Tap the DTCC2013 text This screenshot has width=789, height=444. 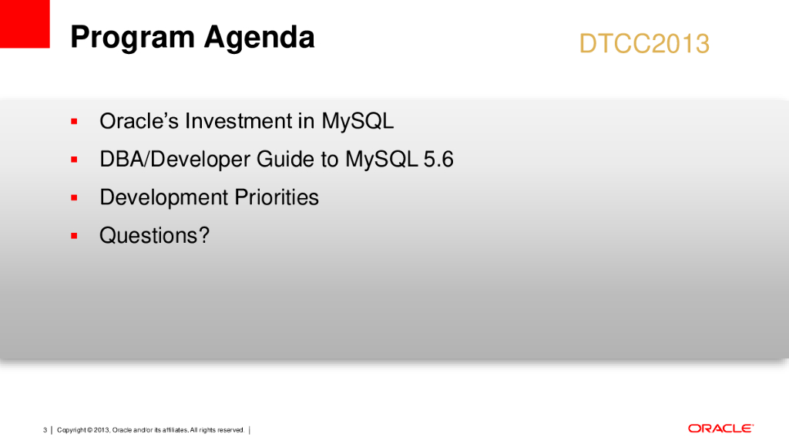pos(644,44)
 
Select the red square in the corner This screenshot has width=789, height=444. pos(25,24)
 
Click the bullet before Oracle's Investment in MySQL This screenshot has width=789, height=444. pos(74,121)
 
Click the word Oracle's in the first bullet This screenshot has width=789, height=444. pos(139,121)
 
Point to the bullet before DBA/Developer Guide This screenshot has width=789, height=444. pos(74,160)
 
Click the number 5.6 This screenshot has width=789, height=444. pos(438,160)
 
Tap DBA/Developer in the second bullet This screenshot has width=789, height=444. pos(175,160)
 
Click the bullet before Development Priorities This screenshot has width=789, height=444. pos(74,198)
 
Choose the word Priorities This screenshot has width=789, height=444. pos(277,197)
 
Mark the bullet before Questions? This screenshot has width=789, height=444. pos(74,236)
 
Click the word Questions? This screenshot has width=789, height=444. pos(154,236)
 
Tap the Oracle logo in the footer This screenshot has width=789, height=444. pos(720,429)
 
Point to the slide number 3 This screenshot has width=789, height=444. pos(45,430)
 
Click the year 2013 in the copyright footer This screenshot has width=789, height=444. pos(102,430)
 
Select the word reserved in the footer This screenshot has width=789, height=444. pos(230,430)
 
